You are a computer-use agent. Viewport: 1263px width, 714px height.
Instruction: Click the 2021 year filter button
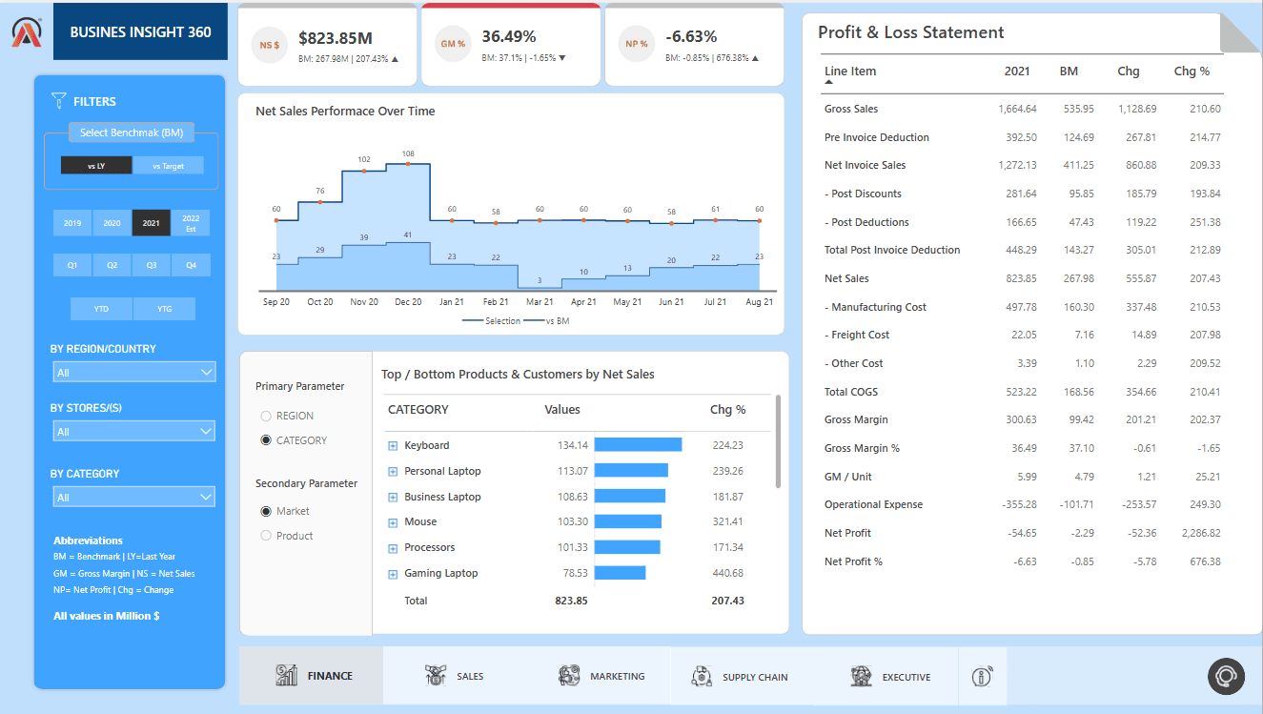(151, 223)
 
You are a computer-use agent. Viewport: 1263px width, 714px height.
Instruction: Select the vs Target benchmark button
(168, 166)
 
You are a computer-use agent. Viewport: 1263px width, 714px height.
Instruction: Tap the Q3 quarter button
(152, 265)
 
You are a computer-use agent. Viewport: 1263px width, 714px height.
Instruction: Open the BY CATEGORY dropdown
(134, 497)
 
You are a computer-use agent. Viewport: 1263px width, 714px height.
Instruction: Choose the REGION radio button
(266, 416)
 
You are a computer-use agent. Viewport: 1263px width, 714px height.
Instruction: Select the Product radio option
(266, 536)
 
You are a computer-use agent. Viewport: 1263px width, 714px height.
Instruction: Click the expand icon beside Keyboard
(392, 446)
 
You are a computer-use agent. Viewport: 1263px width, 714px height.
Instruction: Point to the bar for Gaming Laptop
(620, 573)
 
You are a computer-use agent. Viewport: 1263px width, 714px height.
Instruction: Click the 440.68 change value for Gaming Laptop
(726, 573)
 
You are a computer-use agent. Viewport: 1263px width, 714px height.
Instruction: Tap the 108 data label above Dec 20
(408, 153)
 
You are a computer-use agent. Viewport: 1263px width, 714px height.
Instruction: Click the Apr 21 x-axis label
(582, 301)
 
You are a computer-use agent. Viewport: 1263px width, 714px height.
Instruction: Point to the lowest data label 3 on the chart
(540, 280)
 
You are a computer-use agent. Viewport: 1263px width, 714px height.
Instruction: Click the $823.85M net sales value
(335, 38)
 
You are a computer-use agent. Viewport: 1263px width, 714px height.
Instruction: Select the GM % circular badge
(453, 44)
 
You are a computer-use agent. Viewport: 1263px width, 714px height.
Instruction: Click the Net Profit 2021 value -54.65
(1022, 533)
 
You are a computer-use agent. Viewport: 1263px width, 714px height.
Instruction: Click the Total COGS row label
(851, 392)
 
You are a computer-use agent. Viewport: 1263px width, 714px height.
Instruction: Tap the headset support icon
(1225, 676)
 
